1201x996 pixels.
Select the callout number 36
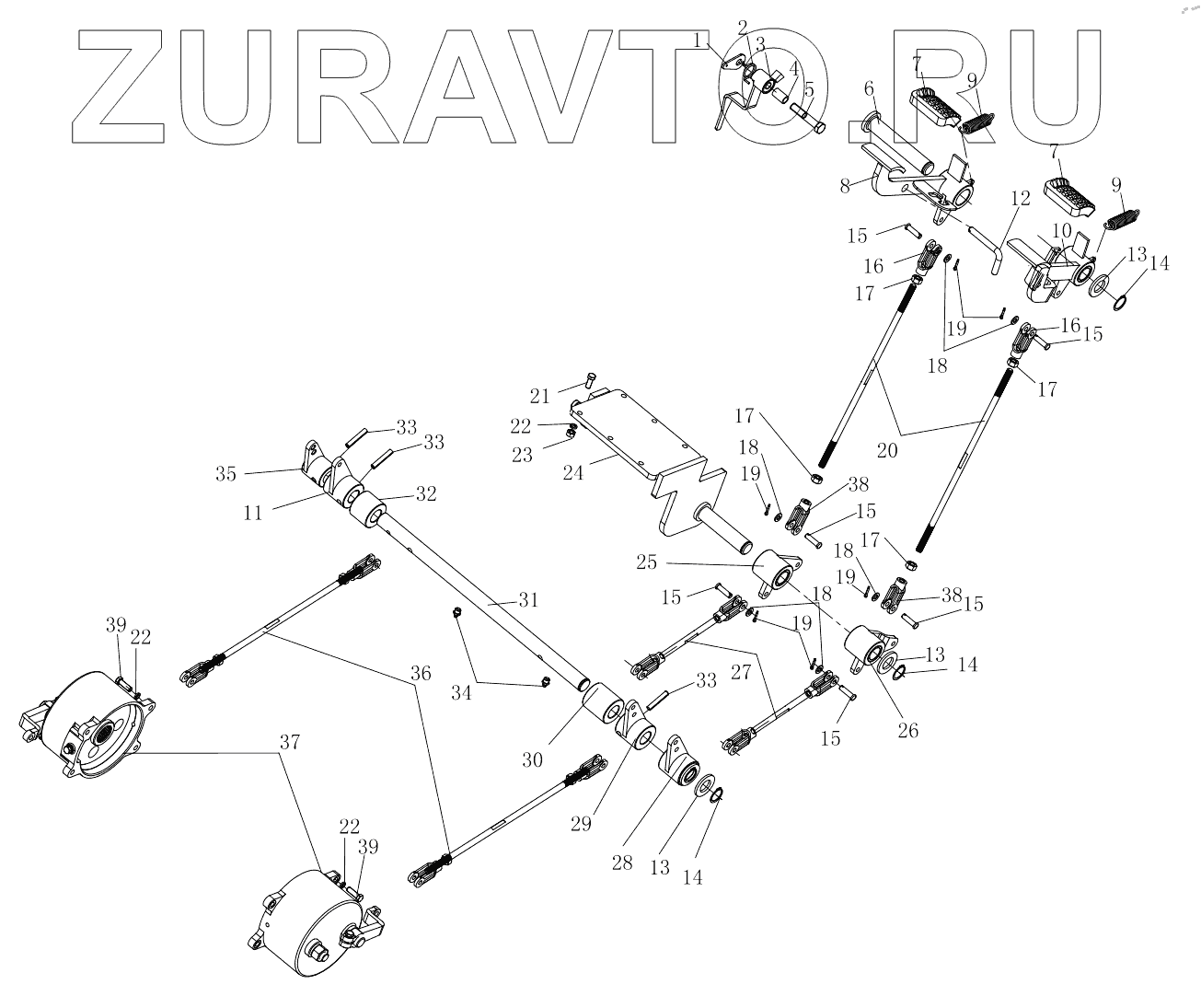tap(421, 673)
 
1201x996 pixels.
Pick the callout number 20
tap(888, 451)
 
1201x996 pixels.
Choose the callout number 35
tap(226, 474)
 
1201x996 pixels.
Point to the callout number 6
tap(868, 89)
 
